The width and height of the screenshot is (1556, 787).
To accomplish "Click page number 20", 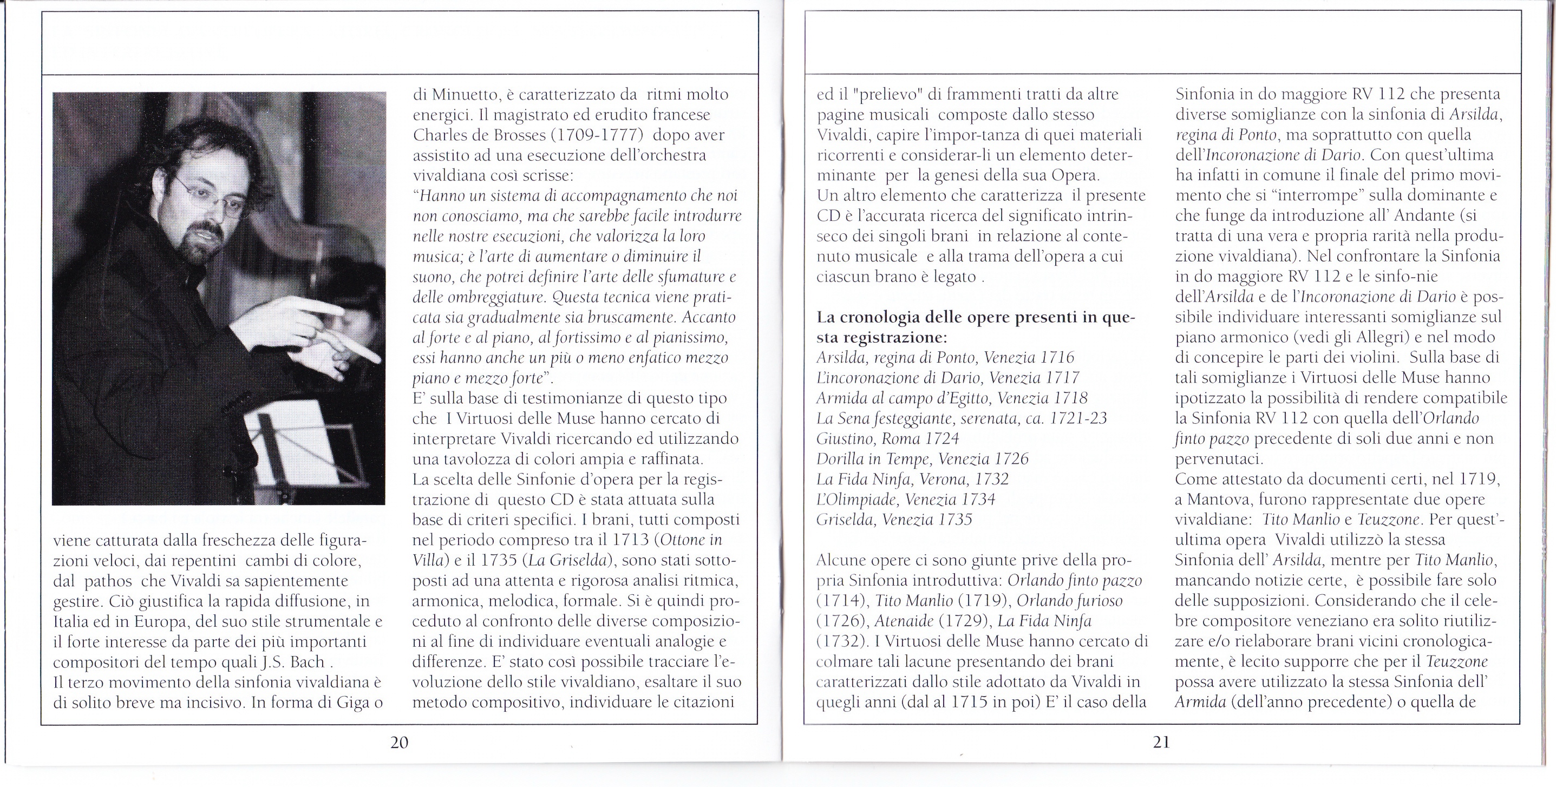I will click(x=399, y=742).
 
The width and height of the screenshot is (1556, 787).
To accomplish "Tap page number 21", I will click(x=1161, y=742).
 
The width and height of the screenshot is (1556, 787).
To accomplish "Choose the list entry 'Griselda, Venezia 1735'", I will click(x=894, y=520).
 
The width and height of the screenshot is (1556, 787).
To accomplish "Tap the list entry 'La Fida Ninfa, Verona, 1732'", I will click(x=913, y=479).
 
